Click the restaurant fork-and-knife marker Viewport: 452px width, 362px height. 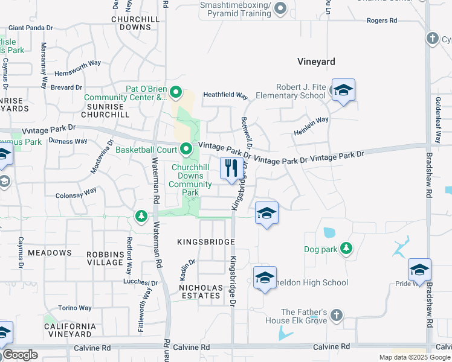(230, 168)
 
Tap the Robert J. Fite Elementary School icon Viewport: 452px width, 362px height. (343, 91)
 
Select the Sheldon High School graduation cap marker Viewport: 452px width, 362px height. (265, 278)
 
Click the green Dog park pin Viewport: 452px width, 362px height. (346, 249)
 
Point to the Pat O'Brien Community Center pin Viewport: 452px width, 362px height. (176, 92)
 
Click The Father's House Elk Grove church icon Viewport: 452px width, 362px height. (337, 315)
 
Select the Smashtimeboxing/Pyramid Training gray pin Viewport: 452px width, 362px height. (280, 8)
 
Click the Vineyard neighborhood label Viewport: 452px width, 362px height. (316, 62)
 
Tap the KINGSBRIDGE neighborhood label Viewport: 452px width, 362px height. (205, 241)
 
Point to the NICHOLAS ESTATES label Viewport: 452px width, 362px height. (199, 291)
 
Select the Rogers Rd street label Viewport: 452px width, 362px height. (382, 21)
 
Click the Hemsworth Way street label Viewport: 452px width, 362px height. (77, 63)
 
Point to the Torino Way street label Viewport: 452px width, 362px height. (75, 308)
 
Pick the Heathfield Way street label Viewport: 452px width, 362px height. (225, 95)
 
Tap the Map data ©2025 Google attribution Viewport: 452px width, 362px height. (414, 357)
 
